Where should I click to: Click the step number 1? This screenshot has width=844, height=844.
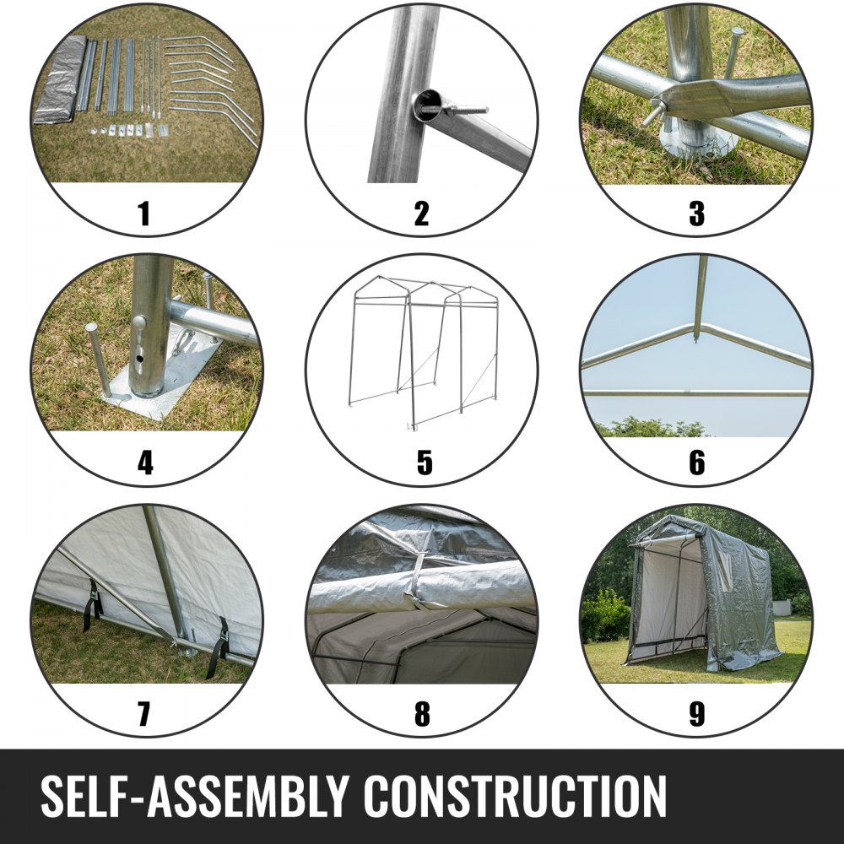(x=143, y=214)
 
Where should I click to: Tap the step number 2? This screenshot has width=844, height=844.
(x=421, y=214)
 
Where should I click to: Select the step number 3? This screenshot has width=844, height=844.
(x=696, y=214)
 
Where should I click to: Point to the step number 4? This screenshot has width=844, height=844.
(x=145, y=463)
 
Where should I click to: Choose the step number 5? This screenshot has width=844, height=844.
(x=425, y=463)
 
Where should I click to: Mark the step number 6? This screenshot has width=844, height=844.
(x=696, y=463)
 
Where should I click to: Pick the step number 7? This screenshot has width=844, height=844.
(x=143, y=714)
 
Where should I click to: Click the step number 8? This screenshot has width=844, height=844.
(x=422, y=714)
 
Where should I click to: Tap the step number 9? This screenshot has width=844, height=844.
(x=696, y=714)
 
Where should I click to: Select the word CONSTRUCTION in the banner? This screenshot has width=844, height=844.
(x=516, y=796)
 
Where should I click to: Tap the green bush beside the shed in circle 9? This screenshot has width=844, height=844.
(x=604, y=616)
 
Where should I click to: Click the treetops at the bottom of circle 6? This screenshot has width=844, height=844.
(x=652, y=428)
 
